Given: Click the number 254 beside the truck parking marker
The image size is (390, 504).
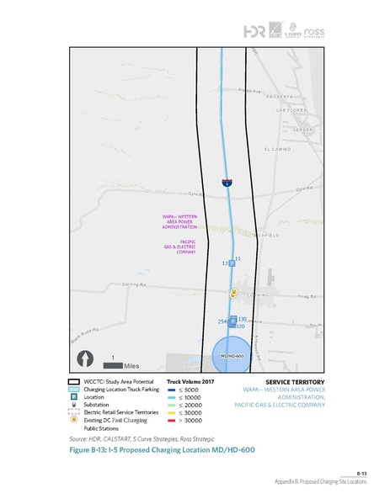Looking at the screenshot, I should (x=222, y=321).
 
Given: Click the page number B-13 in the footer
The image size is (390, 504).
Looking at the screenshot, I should (x=361, y=474).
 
